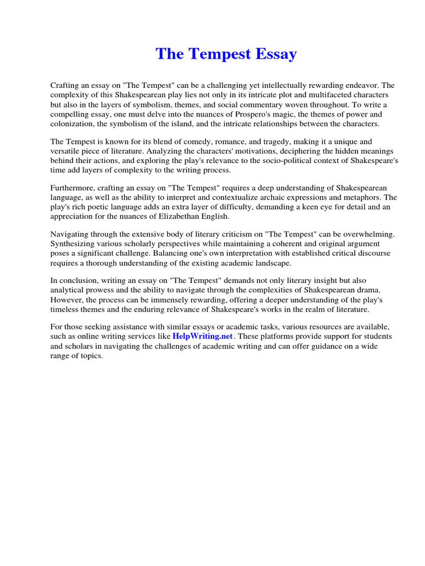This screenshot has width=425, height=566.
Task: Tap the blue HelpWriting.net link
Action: (x=203, y=336)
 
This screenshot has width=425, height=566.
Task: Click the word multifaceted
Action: (x=312, y=95)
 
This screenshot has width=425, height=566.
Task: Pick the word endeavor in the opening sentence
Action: (x=361, y=86)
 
